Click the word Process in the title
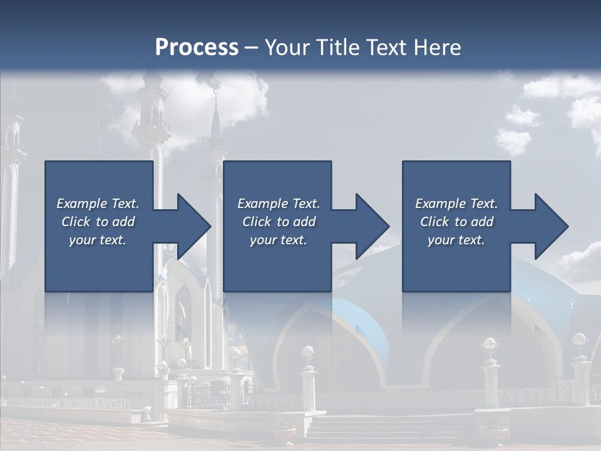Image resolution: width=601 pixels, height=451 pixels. [x=197, y=48]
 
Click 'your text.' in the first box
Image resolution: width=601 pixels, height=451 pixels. [x=98, y=240]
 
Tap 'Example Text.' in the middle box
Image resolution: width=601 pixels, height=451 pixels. [x=279, y=204]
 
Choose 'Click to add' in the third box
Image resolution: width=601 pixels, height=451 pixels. [x=457, y=222]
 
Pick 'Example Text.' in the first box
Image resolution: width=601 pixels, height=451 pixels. [x=98, y=204]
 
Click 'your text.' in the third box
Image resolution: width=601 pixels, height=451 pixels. [x=456, y=240]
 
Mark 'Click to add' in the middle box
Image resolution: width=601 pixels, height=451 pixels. [x=279, y=222]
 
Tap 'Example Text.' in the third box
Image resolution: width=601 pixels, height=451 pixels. [x=456, y=204]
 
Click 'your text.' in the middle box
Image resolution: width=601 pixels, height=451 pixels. [x=279, y=240]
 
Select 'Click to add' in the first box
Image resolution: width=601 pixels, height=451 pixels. [x=98, y=222]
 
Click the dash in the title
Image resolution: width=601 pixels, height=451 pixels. [x=252, y=48]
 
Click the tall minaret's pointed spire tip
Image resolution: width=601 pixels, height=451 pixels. [x=216, y=94]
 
